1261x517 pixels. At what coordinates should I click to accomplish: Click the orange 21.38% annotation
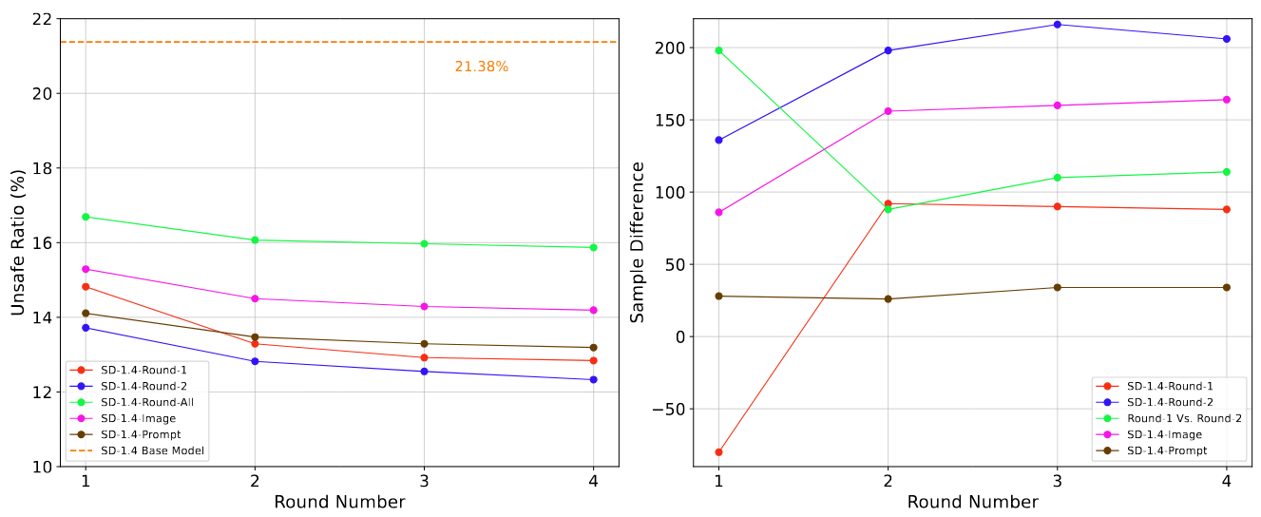[x=481, y=67]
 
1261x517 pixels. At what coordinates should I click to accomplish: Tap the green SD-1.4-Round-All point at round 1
[x=86, y=217]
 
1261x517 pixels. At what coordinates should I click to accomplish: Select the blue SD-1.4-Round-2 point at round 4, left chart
[x=593, y=379]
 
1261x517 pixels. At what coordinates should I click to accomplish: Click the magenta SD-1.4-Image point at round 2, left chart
[x=255, y=298]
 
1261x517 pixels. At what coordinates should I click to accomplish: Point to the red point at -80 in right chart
[x=718, y=452]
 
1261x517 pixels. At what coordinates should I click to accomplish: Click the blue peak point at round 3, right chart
[x=1057, y=25]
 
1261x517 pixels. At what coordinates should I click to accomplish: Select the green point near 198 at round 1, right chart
[x=718, y=50]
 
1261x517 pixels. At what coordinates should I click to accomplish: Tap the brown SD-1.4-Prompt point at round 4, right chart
[x=1226, y=287]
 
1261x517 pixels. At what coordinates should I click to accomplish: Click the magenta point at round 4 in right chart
[x=1226, y=100]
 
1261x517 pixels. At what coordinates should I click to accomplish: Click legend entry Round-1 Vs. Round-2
[x=1184, y=418]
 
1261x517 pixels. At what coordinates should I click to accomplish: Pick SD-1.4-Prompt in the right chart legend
[x=1167, y=450]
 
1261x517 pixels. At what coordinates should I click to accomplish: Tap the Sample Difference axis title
[x=639, y=242]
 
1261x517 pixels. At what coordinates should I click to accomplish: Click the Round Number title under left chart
[x=339, y=502]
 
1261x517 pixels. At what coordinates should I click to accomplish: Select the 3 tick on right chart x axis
[x=1057, y=482]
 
